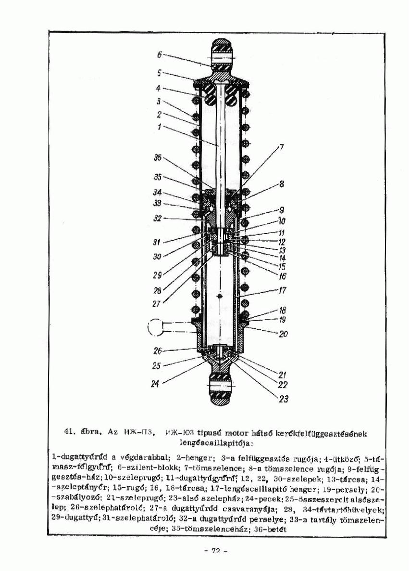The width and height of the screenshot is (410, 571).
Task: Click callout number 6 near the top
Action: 161,54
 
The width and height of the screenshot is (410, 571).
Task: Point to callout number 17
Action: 282,291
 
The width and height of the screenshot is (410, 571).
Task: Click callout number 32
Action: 157,218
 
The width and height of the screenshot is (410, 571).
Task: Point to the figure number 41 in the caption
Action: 69,432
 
